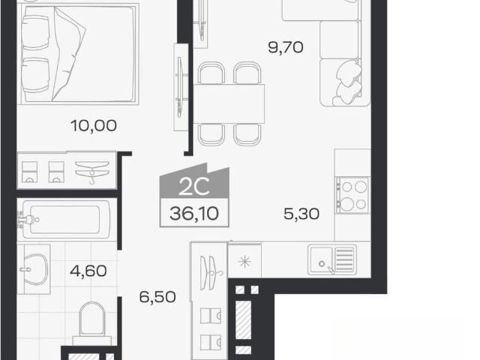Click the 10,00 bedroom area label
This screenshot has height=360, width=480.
(x=94, y=125)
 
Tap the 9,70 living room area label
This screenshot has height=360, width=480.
(x=286, y=47)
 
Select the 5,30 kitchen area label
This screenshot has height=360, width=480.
(x=301, y=214)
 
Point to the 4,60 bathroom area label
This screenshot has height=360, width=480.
(x=88, y=271)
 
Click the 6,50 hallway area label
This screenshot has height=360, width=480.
(x=157, y=297)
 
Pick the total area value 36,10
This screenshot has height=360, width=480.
(x=194, y=213)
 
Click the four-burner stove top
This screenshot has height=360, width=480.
(x=352, y=195)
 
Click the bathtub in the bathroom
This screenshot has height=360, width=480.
(x=65, y=219)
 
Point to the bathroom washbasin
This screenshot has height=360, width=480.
(x=35, y=269)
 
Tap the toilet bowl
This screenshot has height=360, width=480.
(x=91, y=320)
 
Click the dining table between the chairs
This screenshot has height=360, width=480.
(x=229, y=103)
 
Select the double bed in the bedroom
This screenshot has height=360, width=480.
(x=79, y=54)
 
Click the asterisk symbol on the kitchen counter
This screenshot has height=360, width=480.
(x=245, y=262)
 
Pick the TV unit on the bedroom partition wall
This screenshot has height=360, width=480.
(x=181, y=87)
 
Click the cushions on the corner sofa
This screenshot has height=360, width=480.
(x=348, y=82)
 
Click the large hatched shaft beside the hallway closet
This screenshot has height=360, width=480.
(x=243, y=319)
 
